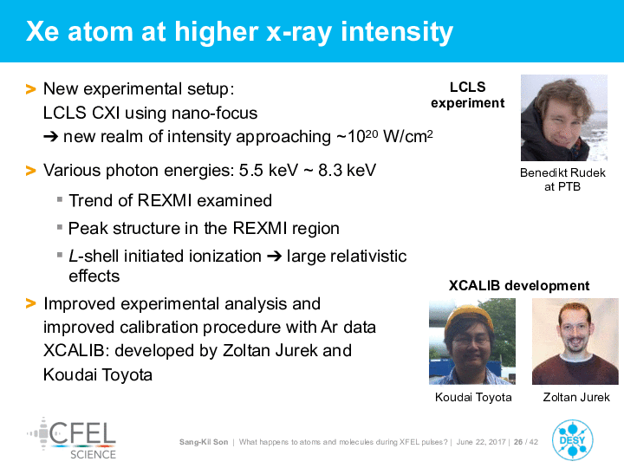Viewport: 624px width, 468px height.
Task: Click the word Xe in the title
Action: [42, 31]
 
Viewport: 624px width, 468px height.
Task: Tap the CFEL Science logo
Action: [72, 439]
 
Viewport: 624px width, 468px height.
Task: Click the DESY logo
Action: [572, 440]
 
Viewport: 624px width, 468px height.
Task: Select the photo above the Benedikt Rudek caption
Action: [564, 118]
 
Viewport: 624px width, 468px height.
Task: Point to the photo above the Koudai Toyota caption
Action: [472, 341]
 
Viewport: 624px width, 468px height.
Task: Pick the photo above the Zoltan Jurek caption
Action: [575, 341]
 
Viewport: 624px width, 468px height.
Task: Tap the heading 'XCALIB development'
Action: [519, 286]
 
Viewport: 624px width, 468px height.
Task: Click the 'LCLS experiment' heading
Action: [468, 95]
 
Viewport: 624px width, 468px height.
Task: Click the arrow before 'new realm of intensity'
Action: [51, 137]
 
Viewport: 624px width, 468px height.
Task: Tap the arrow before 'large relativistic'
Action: [274, 257]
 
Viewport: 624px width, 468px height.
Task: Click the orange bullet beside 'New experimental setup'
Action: [30, 88]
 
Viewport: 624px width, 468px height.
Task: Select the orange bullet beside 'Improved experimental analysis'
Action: [30, 303]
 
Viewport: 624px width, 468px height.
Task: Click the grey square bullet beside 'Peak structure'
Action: [60, 228]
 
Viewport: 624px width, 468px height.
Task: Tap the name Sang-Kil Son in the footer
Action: [204, 442]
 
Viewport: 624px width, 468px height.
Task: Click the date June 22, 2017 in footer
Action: [481, 442]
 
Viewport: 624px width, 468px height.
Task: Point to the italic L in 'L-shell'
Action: [73, 256]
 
